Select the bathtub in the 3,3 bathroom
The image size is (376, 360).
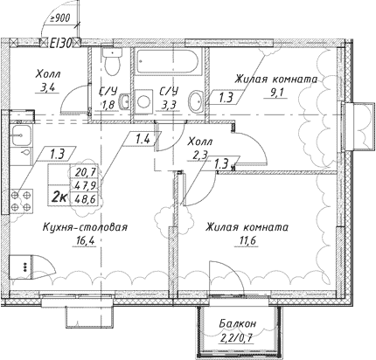click(169, 63)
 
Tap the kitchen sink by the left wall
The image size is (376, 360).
click(18, 136)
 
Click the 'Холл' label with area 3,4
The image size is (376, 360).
click(38, 76)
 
